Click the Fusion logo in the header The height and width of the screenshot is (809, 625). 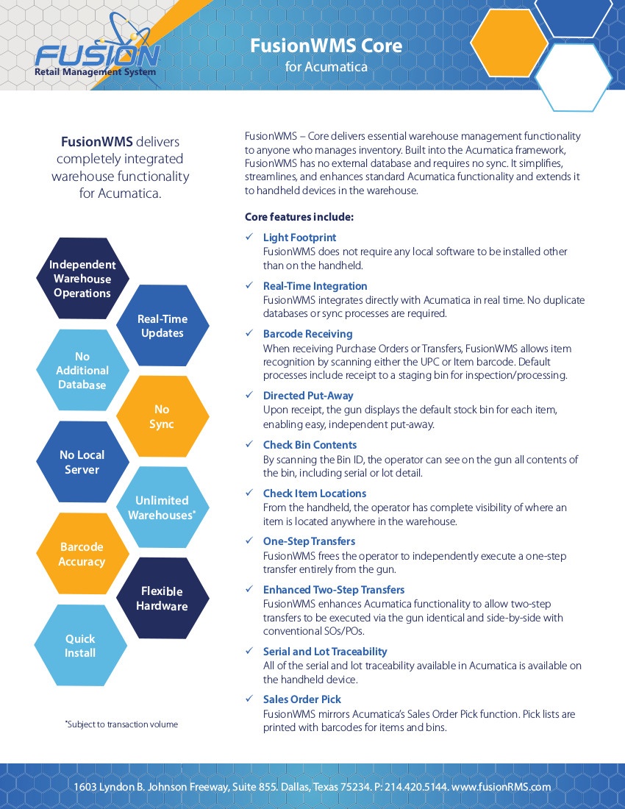point(98,51)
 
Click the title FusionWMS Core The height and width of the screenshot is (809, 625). point(326,46)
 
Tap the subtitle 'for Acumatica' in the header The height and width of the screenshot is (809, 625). point(326,66)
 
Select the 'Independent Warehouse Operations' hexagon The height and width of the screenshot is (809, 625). point(82,279)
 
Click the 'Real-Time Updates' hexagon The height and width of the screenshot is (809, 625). point(162,326)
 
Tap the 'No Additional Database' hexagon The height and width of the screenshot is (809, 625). point(82,370)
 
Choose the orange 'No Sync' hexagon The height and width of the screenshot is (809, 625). point(162,416)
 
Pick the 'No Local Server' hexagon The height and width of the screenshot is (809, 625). point(82,462)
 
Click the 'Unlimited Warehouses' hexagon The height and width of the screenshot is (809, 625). point(162,507)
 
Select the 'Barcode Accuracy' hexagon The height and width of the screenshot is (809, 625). point(82,554)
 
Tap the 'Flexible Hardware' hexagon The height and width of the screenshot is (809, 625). point(162,599)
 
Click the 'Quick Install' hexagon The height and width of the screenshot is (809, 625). point(80,646)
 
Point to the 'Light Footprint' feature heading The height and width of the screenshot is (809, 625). point(299,238)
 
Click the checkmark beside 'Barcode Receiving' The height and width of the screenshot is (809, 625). point(249,333)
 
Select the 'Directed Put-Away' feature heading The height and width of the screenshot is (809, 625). point(308,396)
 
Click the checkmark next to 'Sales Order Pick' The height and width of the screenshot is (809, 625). point(249,699)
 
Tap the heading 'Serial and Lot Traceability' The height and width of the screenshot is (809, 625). point(325,652)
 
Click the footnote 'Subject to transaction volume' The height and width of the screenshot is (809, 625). point(122,724)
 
